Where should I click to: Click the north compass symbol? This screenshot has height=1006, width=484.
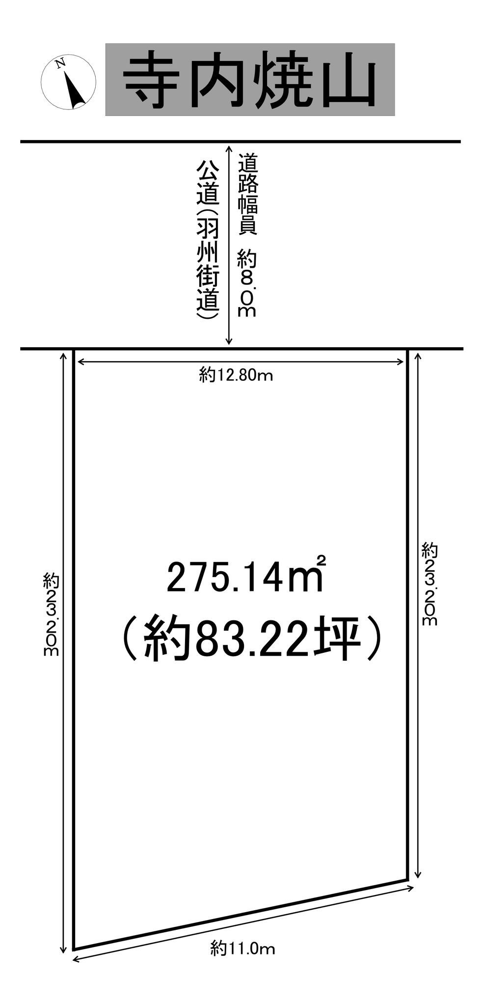click(x=68, y=82)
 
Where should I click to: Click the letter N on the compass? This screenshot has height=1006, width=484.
click(x=60, y=63)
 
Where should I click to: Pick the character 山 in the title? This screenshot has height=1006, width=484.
click(x=346, y=81)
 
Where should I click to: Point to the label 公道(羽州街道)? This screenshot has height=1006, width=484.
click(x=207, y=241)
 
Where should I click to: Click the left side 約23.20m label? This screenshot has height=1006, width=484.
click(x=51, y=614)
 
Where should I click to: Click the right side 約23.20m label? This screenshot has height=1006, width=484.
click(x=429, y=584)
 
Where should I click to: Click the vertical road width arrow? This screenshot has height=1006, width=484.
click(x=228, y=244)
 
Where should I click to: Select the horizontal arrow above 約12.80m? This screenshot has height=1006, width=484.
click(x=241, y=362)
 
